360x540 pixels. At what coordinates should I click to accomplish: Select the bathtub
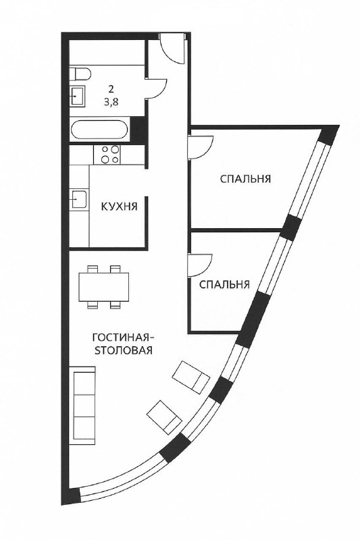click(99, 130)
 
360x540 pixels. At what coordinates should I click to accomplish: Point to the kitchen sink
click(78, 199)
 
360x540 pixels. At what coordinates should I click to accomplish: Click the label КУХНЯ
click(119, 207)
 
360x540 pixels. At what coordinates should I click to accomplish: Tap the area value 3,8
click(111, 102)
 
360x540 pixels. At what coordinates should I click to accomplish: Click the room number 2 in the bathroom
click(111, 90)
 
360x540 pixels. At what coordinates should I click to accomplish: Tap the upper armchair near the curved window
click(191, 377)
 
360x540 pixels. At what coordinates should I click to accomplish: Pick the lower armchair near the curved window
click(164, 417)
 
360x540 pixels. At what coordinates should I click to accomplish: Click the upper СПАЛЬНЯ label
click(245, 179)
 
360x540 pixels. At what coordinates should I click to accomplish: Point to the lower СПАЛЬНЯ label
click(224, 285)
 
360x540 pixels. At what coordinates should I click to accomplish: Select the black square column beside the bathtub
click(138, 130)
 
